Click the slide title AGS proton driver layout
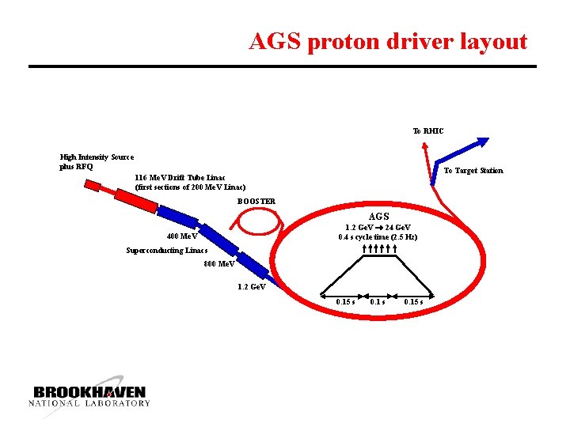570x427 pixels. coord(388,41)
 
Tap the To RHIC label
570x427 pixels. coord(428,130)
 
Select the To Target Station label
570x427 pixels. coord(473,171)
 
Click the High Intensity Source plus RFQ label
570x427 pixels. coord(97,162)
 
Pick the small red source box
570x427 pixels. coord(93,187)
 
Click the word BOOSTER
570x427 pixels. coord(256,201)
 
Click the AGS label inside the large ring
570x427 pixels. coord(379,217)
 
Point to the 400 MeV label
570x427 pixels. coord(183,236)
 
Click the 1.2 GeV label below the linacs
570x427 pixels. coord(252,286)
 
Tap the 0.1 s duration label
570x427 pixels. coord(378,301)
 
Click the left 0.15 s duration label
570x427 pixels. coord(345,301)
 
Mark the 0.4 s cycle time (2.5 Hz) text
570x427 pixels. coord(378,237)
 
